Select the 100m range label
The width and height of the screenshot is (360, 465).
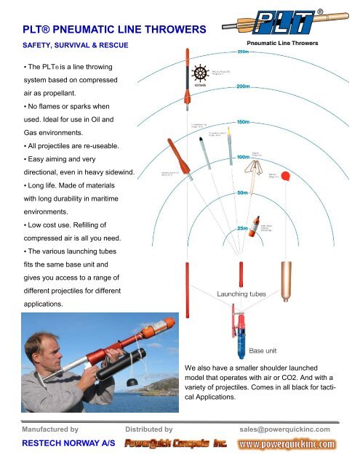243,157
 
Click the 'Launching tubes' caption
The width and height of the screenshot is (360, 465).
241,294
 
